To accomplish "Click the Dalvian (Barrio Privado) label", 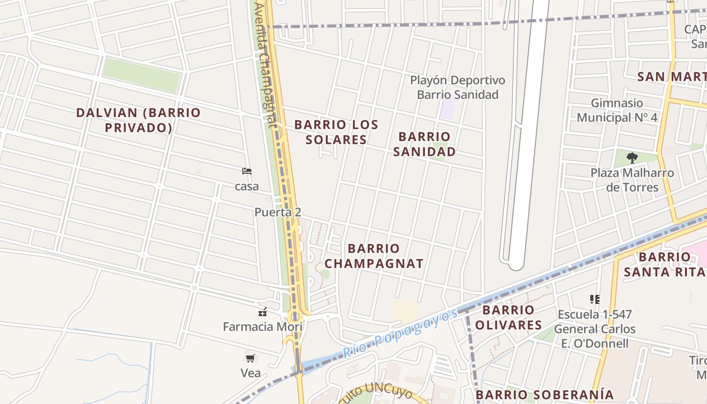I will point(138,120).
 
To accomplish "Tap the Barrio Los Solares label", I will point(336,132).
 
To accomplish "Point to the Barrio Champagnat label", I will point(374,256).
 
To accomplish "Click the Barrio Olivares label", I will point(508,317).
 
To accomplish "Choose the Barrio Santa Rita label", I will point(665,264).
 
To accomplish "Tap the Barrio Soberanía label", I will point(545,395).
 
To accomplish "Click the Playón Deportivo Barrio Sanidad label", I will point(458,87).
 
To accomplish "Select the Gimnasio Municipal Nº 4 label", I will point(617,110).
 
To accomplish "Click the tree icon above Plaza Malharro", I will point(632,158).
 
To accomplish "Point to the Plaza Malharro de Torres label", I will point(632,180).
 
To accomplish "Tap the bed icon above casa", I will point(247,171).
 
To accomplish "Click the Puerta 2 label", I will point(278,212).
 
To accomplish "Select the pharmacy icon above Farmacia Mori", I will point(263,311).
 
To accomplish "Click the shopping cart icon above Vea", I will point(250,358).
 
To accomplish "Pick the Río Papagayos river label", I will point(400,333).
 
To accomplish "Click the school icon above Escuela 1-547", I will point(595,299).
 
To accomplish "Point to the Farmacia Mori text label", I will point(263,327).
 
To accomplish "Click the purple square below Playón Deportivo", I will point(447,110).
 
